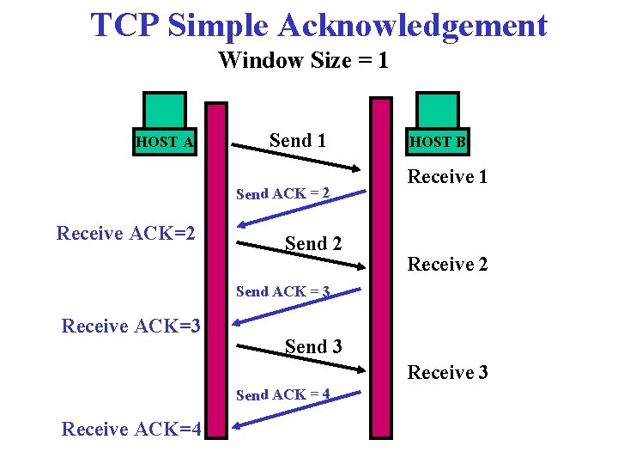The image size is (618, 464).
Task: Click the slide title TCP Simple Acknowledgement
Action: pos(318,26)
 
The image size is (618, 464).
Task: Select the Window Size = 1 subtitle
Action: pos(303,61)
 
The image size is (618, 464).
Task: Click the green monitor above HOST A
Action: pos(165,111)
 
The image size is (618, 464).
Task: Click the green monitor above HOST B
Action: pos(438,111)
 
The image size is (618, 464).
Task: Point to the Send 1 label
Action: pos(298,140)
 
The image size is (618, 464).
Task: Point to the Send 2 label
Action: pos(313,244)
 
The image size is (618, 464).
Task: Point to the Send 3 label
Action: pos(313,347)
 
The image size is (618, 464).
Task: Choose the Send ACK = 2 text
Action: pos(283,194)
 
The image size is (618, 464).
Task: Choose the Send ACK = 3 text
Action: pos(283,292)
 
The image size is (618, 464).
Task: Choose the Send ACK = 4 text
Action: pos(283,395)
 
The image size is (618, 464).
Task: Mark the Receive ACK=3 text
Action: pos(131,326)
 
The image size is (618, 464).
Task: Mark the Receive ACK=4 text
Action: pos(131,429)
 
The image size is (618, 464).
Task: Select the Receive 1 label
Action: pos(447,177)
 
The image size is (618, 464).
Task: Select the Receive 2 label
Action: pos(447,265)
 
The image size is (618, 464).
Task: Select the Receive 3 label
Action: pos(447,373)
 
